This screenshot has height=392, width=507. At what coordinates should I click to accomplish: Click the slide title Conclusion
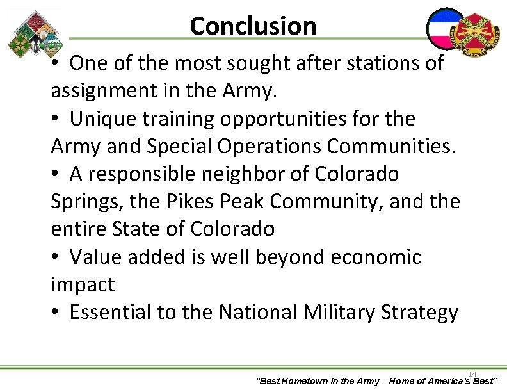253,26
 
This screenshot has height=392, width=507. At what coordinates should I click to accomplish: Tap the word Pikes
188,201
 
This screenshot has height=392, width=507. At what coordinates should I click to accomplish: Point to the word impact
83,285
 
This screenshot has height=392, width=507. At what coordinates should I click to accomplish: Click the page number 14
472,373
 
